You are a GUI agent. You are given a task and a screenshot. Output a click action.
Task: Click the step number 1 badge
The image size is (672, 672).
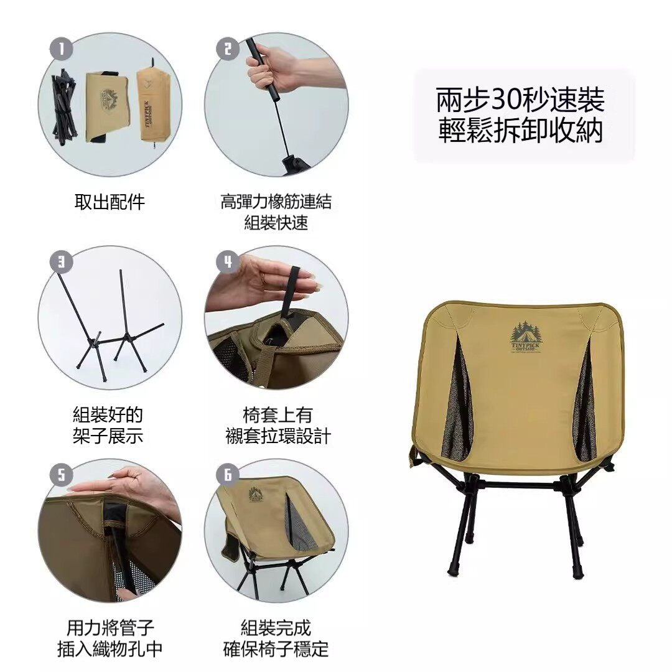[x=61, y=49]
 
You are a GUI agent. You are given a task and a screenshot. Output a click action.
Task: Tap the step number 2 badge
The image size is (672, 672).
[x=228, y=49]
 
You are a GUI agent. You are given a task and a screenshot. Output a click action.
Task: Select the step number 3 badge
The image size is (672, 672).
[x=61, y=262]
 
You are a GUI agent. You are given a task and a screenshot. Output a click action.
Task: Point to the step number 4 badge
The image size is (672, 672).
[x=228, y=262]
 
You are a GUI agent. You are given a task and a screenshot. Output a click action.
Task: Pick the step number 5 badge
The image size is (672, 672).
[x=61, y=475]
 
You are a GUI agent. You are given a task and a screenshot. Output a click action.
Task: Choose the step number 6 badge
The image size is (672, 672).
[x=228, y=475]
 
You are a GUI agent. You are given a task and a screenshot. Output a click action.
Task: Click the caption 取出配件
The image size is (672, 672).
[x=110, y=202]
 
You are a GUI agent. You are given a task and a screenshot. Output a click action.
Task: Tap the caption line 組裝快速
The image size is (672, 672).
[x=276, y=223]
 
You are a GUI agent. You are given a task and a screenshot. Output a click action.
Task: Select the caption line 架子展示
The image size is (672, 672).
[x=108, y=436]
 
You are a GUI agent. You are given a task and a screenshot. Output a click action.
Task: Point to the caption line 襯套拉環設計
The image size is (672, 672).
[x=278, y=436]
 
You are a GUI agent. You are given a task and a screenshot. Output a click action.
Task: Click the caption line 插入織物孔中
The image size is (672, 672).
[x=110, y=649]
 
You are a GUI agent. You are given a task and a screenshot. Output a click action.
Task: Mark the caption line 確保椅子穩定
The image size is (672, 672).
[x=276, y=649]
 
